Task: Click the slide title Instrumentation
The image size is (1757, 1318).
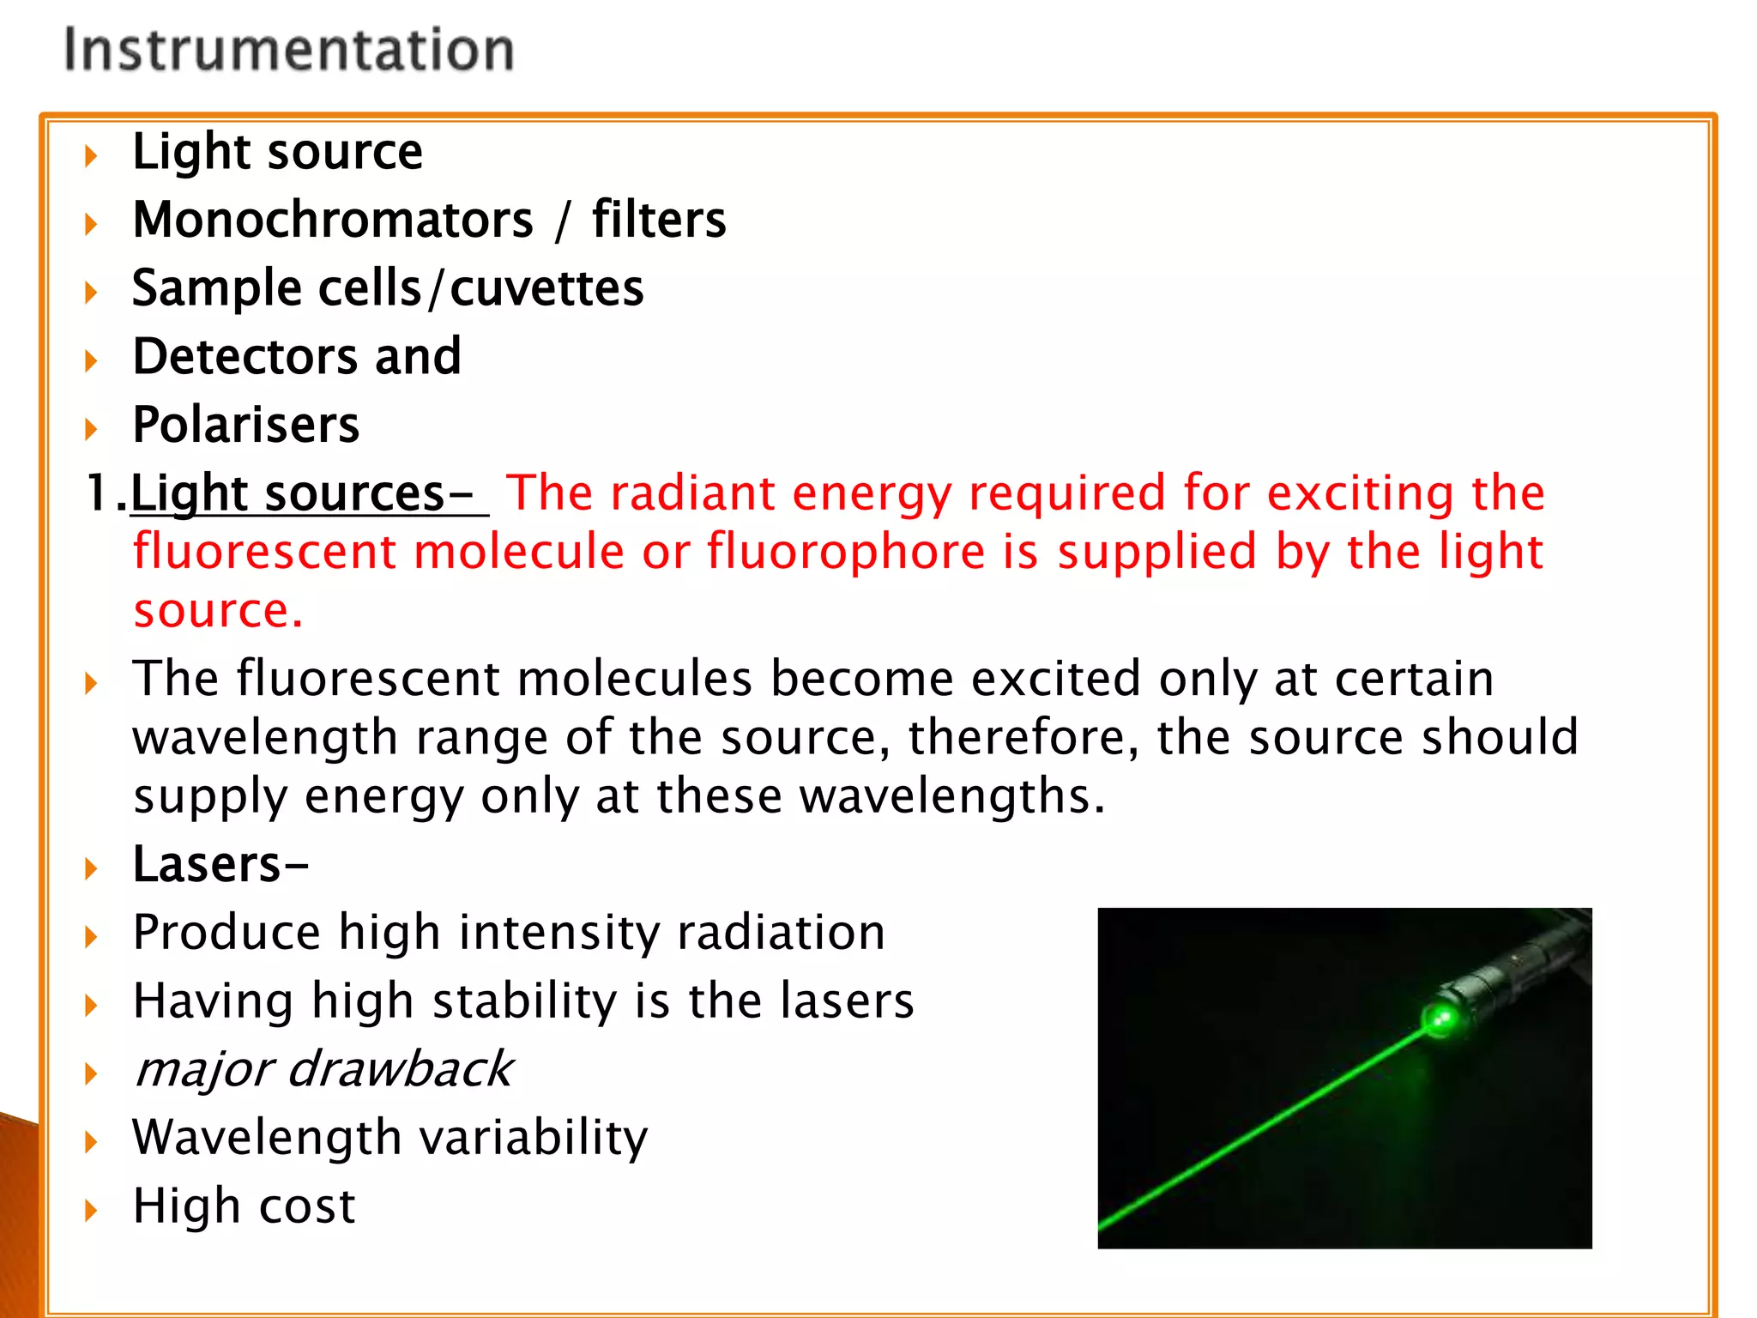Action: coord(289,49)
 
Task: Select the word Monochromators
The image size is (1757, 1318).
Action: coord(333,220)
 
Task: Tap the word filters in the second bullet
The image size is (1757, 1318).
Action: coord(659,220)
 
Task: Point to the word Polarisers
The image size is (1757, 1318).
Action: coord(246,425)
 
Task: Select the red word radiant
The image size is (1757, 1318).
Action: coord(693,493)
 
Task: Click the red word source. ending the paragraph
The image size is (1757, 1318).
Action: coord(218,610)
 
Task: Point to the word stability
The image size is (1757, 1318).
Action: coord(524,1001)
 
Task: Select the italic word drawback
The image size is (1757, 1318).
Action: coord(400,1070)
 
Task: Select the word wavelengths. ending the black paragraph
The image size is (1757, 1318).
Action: coord(952,796)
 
